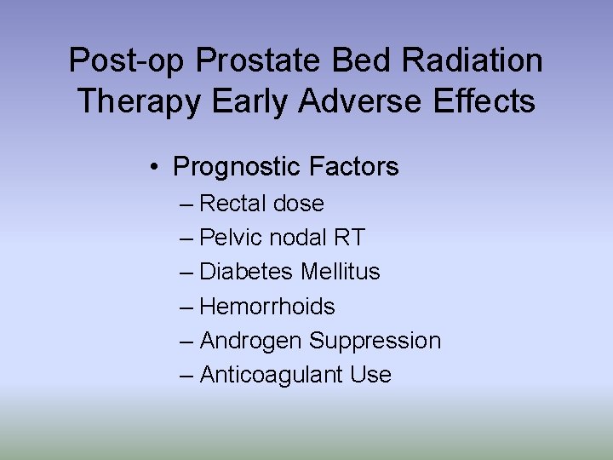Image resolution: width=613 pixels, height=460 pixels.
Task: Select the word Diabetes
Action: pos(247,272)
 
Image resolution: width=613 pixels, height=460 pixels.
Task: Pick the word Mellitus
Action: pos(340,272)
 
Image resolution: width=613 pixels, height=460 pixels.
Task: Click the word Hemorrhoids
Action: pos(267,306)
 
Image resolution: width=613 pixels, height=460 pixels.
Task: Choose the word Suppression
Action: pos(375,341)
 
